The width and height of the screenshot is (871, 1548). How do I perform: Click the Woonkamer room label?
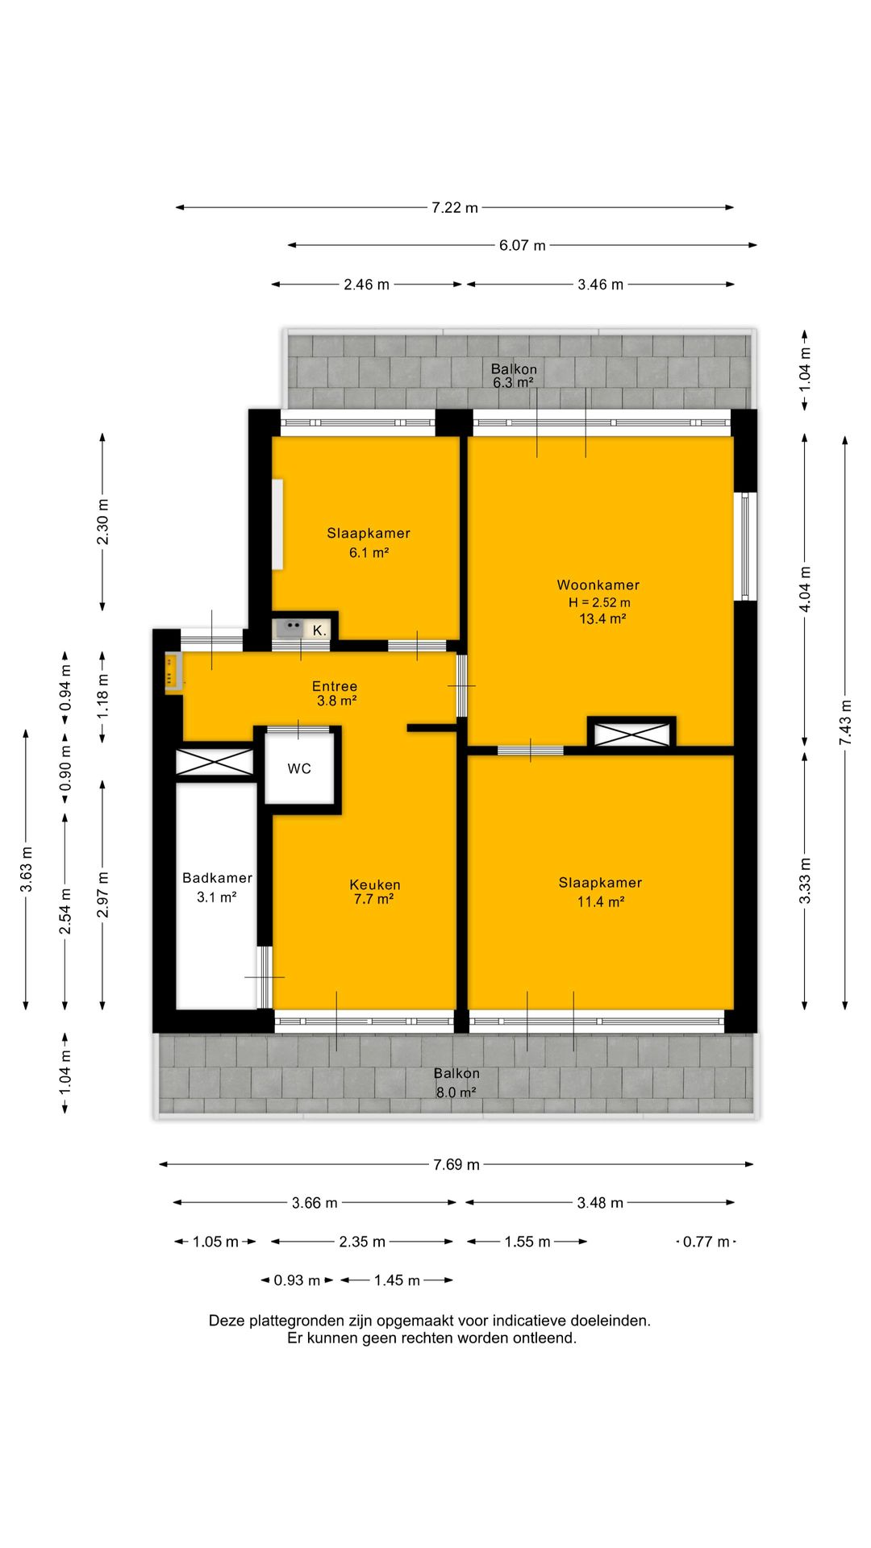(x=598, y=585)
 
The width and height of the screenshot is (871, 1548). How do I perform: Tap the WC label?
(x=299, y=768)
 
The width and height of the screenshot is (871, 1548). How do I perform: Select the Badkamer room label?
(x=217, y=878)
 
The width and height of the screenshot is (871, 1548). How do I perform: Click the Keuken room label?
(x=375, y=884)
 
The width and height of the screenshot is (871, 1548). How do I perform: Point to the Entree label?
(x=335, y=686)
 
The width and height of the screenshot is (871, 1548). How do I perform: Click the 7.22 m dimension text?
(x=455, y=207)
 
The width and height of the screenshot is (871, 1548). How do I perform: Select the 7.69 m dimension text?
(x=456, y=1164)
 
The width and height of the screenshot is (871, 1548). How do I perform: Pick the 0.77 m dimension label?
(x=706, y=1242)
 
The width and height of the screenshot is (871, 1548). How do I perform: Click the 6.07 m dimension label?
(x=523, y=245)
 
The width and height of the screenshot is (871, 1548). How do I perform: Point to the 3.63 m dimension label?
(x=27, y=869)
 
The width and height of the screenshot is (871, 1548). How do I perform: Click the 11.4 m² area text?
(x=601, y=901)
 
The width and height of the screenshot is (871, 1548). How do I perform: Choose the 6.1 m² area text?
(x=369, y=552)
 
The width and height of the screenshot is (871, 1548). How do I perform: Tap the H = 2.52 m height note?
(x=599, y=602)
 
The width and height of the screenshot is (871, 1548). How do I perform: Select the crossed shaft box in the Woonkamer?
(x=631, y=734)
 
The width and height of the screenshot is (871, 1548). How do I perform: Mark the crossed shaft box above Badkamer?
(x=215, y=763)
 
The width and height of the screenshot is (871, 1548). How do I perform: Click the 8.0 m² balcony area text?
(x=456, y=1092)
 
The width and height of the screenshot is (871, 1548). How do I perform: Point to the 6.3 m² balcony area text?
(x=513, y=382)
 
